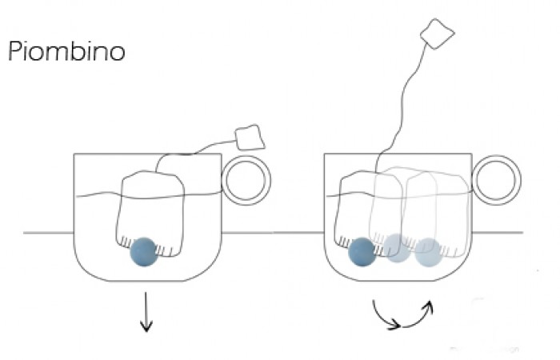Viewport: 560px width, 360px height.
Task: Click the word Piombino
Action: [66, 53]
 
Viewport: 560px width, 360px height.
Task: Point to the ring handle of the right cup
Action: [497, 180]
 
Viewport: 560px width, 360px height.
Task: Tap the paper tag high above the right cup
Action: [438, 34]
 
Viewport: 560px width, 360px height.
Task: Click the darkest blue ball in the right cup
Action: [362, 251]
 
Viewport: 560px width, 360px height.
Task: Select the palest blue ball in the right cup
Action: [427, 252]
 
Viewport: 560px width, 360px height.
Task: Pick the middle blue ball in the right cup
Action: [396, 249]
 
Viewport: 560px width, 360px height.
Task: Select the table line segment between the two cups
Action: [272, 233]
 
